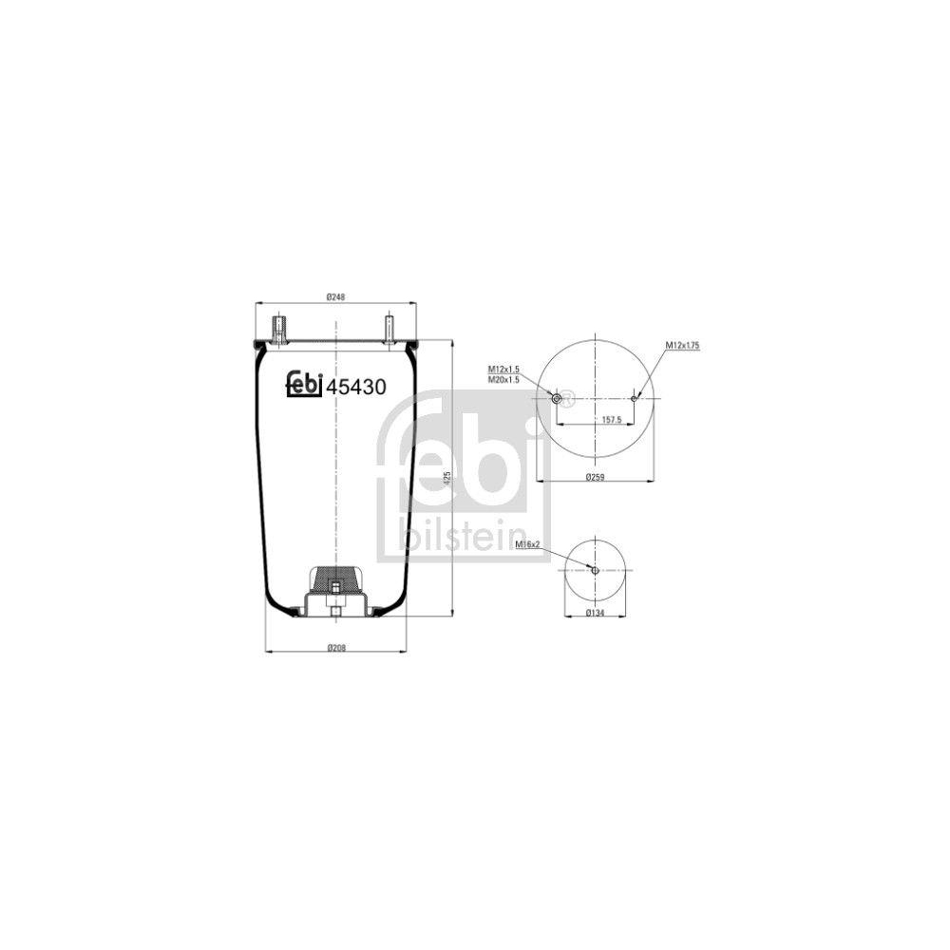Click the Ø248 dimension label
click(x=334, y=297)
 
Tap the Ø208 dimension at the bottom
click(x=334, y=647)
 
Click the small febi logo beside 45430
click(x=304, y=385)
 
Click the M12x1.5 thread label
click(x=503, y=369)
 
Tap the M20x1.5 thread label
click(x=503, y=379)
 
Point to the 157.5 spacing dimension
click(x=613, y=419)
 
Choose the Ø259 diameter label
click(x=595, y=475)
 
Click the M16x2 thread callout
click(x=527, y=544)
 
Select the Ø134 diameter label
click(x=596, y=613)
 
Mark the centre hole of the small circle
click(x=595, y=570)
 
